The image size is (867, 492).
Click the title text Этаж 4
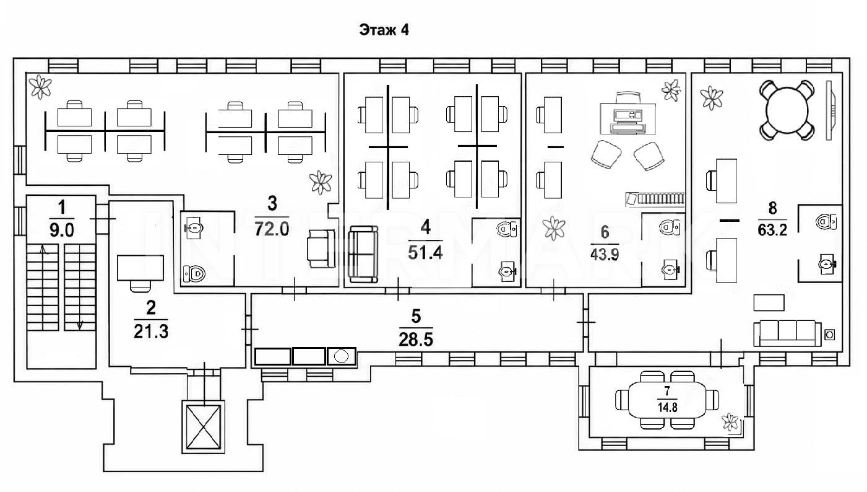point(384,30)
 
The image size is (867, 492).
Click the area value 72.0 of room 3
point(272,229)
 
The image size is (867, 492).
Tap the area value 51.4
point(425,253)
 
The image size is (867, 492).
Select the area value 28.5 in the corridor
point(416,340)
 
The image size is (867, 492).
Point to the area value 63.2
point(772,231)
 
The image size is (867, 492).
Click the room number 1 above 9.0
point(61,208)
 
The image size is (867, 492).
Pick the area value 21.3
point(151,332)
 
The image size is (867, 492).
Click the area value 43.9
point(605,255)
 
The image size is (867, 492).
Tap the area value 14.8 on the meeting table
point(667,408)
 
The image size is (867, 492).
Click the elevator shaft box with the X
point(203,427)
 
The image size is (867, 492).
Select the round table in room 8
point(787,110)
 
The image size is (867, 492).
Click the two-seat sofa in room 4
point(363,254)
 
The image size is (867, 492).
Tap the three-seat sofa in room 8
point(787,333)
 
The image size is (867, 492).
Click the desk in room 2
point(140,268)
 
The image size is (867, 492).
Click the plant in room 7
point(730,422)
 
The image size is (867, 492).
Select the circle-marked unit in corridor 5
point(342,356)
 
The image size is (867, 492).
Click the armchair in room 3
point(321,248)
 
